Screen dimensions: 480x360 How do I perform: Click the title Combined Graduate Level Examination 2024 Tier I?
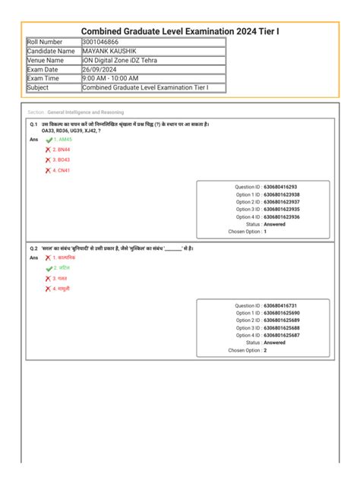pos(179,31)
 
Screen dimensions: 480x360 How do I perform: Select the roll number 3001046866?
pos(100,42)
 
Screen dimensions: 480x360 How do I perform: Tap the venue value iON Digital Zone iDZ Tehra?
pos(122,60)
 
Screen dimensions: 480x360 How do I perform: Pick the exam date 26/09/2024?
pos(99,69)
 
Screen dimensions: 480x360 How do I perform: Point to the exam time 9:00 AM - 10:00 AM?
pos(110,78)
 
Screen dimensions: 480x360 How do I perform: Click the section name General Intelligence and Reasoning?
pos(85,112)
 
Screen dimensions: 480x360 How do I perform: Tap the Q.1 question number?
pos(34,123)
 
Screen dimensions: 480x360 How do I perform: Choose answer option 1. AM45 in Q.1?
pos(63,140)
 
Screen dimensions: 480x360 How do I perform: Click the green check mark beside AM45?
pos(49,141)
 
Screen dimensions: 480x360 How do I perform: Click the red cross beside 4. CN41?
pos(48,171)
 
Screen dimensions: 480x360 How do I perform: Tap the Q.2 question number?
pos(34,248)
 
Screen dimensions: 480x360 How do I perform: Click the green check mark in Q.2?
pos(49,268)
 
